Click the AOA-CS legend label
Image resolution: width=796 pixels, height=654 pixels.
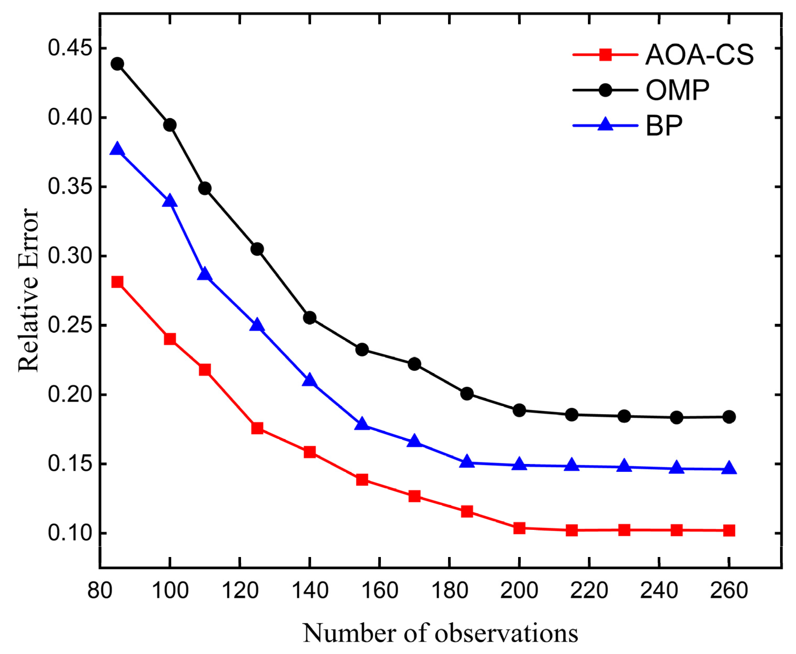point(699,55)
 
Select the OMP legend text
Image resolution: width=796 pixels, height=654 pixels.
point(677,90)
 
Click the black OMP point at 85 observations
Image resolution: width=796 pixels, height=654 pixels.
point(117,64)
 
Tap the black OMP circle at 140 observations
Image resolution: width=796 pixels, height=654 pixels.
point(309,318)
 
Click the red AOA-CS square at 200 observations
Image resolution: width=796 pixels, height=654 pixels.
point(519,528)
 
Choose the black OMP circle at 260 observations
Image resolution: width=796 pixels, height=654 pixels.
point(729,417)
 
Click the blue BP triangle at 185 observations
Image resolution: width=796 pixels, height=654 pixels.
point(467,462)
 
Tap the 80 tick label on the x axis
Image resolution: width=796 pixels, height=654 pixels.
point(99,590)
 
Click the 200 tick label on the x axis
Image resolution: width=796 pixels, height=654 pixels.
point(519,590)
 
